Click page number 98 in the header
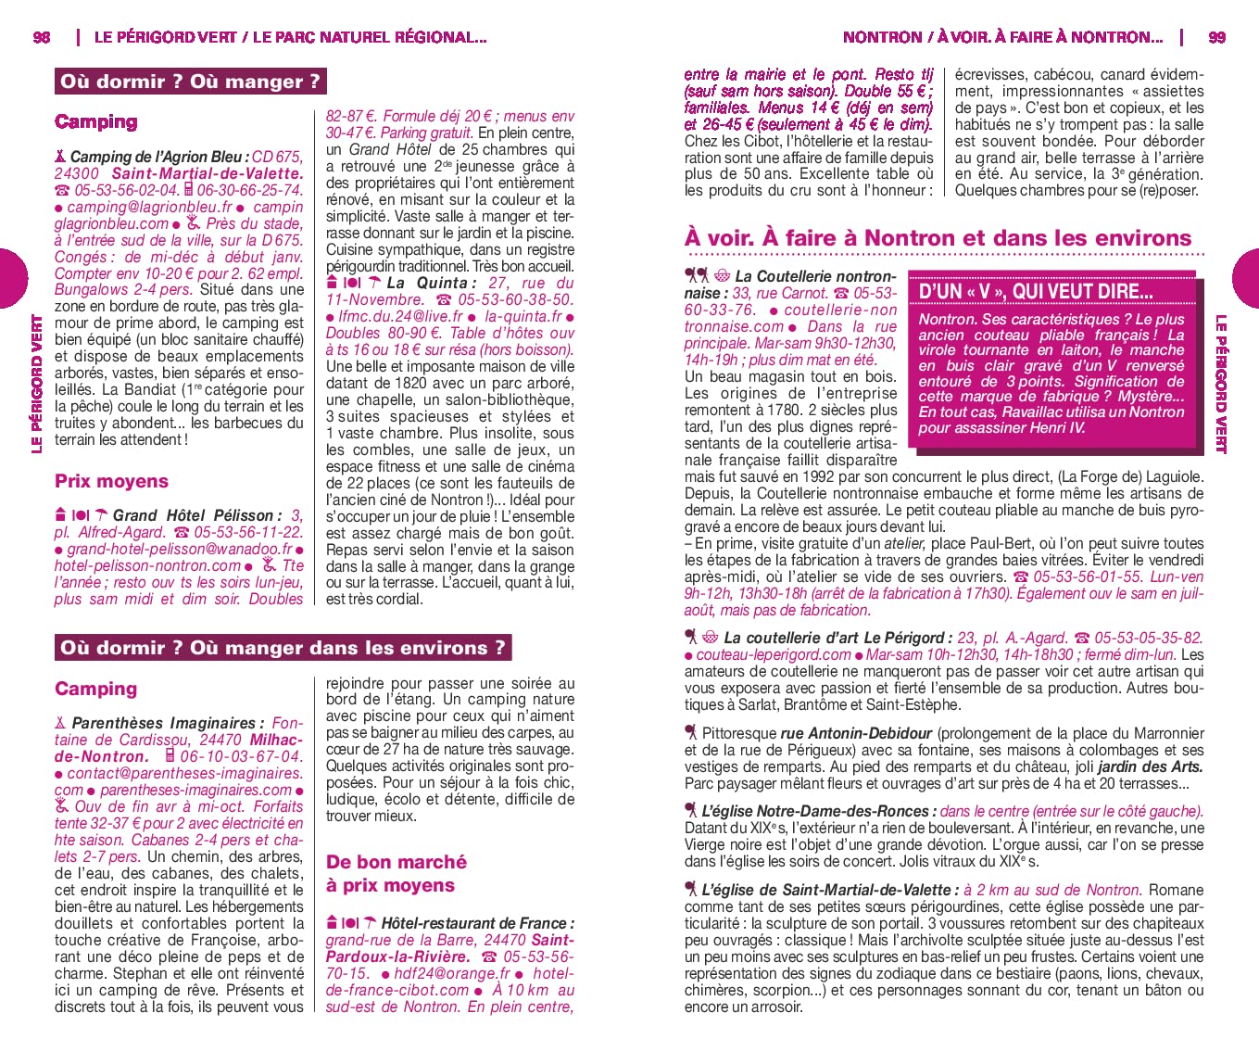tap(42, 37)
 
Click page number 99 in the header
tap(1216, 37)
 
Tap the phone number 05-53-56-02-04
tap(126, 190)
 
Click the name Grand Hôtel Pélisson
tap(193, 515)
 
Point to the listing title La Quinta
tap(426, 283)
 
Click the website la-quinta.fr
tap(522, 316)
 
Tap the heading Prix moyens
tap(111, 481)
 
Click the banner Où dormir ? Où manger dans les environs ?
tap(283, 648)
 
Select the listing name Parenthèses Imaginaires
tap(163, 723)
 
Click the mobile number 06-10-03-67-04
tap(241, 756)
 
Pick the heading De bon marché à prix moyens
tap(396, 873)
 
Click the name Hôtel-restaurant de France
tap(477, 923)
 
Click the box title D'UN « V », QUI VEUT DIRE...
tap(1035, 291)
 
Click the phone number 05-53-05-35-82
tap(1149, 638)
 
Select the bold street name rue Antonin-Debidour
tap(856, 733)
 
